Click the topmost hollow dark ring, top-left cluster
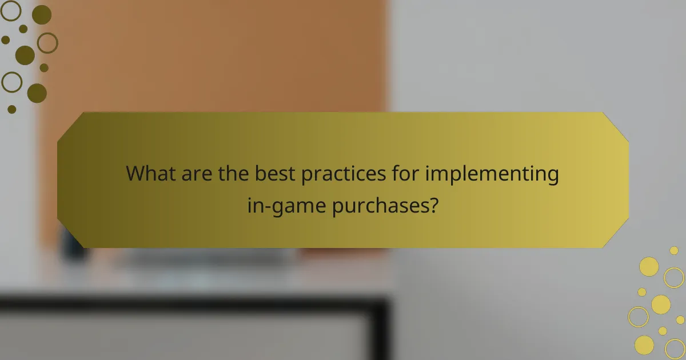coord(11,10)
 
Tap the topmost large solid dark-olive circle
coord(41,15)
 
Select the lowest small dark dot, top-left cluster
coord(12,109)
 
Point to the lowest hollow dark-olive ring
coord(11,82)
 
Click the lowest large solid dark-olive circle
coord(37,93)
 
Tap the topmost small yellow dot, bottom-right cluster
coord(674,250)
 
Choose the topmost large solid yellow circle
coord(649,266)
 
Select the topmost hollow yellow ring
coord(674,278)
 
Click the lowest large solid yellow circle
coord(644,345)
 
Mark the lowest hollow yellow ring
coord(675,348)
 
